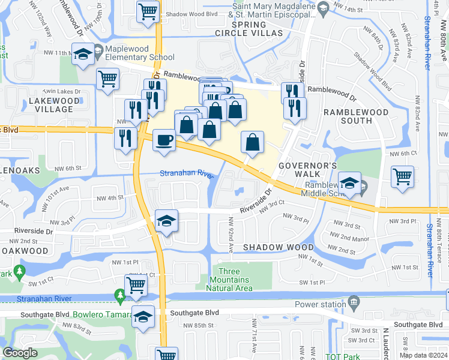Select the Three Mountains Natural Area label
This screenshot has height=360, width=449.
click(227, 280)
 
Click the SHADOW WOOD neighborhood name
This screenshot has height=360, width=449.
click(278, 247)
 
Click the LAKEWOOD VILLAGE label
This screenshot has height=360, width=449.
click(55, 105)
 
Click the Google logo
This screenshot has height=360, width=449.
click(20, 352)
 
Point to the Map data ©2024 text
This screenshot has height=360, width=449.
click(424, 355)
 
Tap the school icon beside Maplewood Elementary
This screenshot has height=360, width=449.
click(83, 54)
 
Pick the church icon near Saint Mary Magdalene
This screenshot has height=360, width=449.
click(323, 7)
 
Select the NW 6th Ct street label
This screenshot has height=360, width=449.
click(403, 154)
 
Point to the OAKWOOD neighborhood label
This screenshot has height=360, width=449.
click(24, 250)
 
